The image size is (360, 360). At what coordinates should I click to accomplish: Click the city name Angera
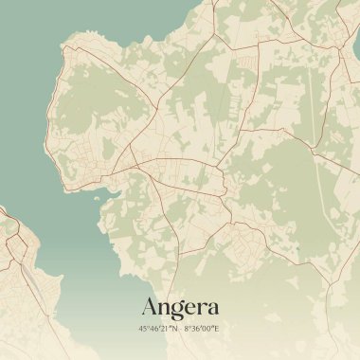(180, 307)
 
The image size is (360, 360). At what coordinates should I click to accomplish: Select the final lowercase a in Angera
(211, 308)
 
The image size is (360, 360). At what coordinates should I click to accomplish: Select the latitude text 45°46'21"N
(156, 329)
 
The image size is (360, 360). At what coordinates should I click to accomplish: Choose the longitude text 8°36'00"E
(202, 329)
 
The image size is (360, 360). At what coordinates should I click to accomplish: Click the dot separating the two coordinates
(180, 329)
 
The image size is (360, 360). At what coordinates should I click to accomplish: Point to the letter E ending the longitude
(217, 329)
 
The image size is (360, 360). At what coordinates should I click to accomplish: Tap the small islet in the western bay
(94, 198)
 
